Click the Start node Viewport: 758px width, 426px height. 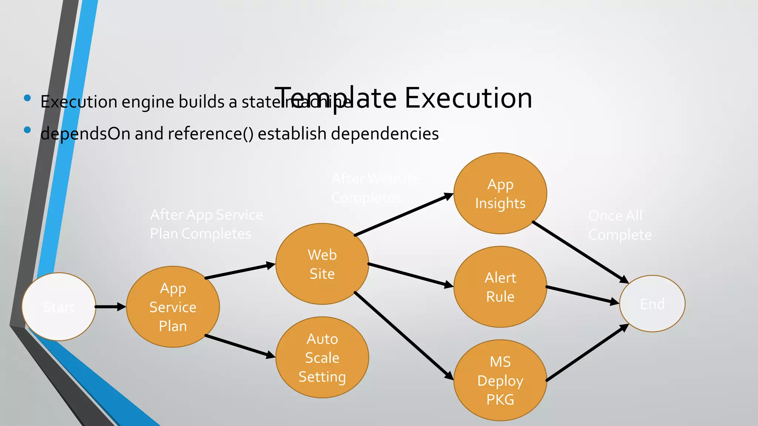click(59, 307)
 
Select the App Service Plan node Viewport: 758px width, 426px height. click(173, 307)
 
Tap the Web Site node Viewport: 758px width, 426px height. click(322, 264)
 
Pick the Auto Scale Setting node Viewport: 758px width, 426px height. click(322, 357)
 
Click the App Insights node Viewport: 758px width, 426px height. click(500, 193)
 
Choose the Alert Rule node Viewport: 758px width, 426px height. click(500, 287)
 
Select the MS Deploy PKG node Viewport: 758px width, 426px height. click(500, 380)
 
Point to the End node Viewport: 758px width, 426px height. click(652, 304)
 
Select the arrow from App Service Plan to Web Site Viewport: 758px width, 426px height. click(240, 271)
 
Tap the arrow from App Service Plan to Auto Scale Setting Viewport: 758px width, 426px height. click(240, 346)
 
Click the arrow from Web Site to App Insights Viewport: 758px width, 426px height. click(403, 214)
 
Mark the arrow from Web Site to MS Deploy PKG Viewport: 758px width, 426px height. click(403, 335)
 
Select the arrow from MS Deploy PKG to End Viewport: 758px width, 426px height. click(587, 353)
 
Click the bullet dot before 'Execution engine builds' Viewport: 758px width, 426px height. click(27, 98)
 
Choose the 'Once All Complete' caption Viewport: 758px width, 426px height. click(620, 225)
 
